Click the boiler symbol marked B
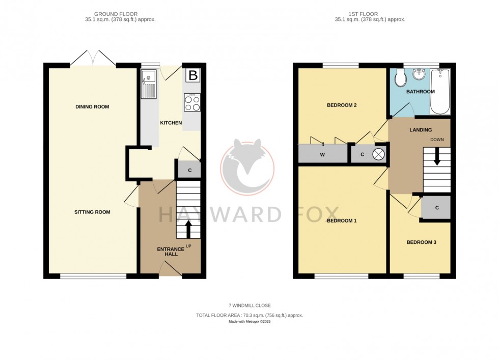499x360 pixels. [193, 76]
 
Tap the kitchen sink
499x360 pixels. [148, 85]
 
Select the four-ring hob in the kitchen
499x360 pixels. [192, 103]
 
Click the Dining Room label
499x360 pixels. [92, 106]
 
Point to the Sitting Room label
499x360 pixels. [92, 212]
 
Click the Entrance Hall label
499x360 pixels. [168, 251]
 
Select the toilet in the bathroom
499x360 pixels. [400, 77]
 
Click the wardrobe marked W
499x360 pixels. [322, 154]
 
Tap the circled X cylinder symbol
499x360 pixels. [379, 154]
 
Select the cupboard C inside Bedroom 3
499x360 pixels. [437, 208]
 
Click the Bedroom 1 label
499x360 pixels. [341, 220]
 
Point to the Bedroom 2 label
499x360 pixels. [341, 105]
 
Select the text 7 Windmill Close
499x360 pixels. [249, 306]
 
